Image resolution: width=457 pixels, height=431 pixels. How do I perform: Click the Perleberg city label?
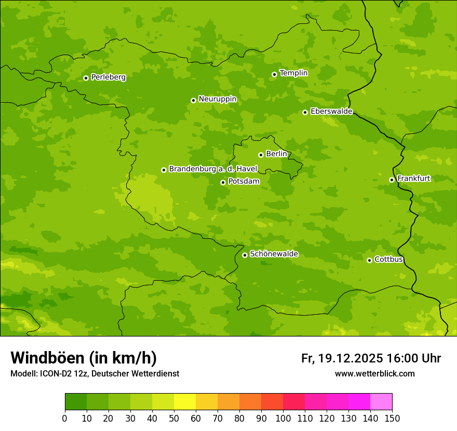pos(108,77)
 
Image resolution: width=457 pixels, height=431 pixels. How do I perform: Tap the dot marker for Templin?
pos(274,74)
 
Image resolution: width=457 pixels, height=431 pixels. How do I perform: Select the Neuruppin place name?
pos(217,99)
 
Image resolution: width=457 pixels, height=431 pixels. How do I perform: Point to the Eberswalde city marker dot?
pos(305,112)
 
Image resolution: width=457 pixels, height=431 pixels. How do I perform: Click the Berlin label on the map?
pos(276,154)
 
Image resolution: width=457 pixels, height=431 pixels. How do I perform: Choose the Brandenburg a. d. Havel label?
pos(213,169)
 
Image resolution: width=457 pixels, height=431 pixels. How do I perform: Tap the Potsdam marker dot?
pos(223,182)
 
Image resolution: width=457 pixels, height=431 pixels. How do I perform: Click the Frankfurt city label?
pos(413,179)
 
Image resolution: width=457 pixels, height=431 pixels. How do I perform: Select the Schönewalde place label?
pos(274,254)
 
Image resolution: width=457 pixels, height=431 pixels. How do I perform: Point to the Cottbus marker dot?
pos(369,260)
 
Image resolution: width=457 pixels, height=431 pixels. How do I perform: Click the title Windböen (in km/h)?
pos(84,358)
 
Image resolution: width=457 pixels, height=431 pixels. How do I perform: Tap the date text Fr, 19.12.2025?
pos(342,358)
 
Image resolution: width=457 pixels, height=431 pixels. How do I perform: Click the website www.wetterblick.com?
pos(374,373)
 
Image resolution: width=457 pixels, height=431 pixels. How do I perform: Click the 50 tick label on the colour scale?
pos(174,419)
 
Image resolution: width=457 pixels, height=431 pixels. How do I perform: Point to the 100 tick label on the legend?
pos(283,419)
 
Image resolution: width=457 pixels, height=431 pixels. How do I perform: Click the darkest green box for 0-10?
pos(76,402)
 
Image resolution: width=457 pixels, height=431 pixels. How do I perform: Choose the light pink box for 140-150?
pos(381,402)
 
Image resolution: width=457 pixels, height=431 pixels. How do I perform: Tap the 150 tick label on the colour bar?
pos(392,419)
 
